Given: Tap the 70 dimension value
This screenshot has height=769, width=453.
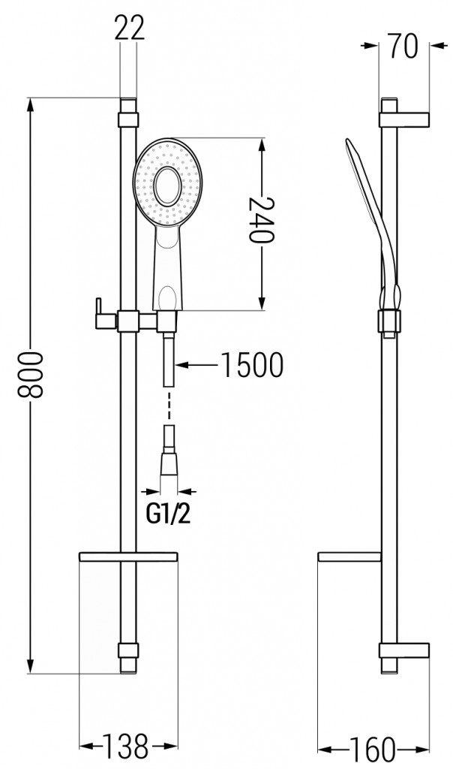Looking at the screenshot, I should coord(403,48).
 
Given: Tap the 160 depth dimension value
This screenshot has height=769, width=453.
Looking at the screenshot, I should coord(373,748).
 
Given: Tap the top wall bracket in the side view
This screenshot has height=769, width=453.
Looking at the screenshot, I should coord(404,119).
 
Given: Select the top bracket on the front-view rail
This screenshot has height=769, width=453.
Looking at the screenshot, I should coord(129,119).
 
